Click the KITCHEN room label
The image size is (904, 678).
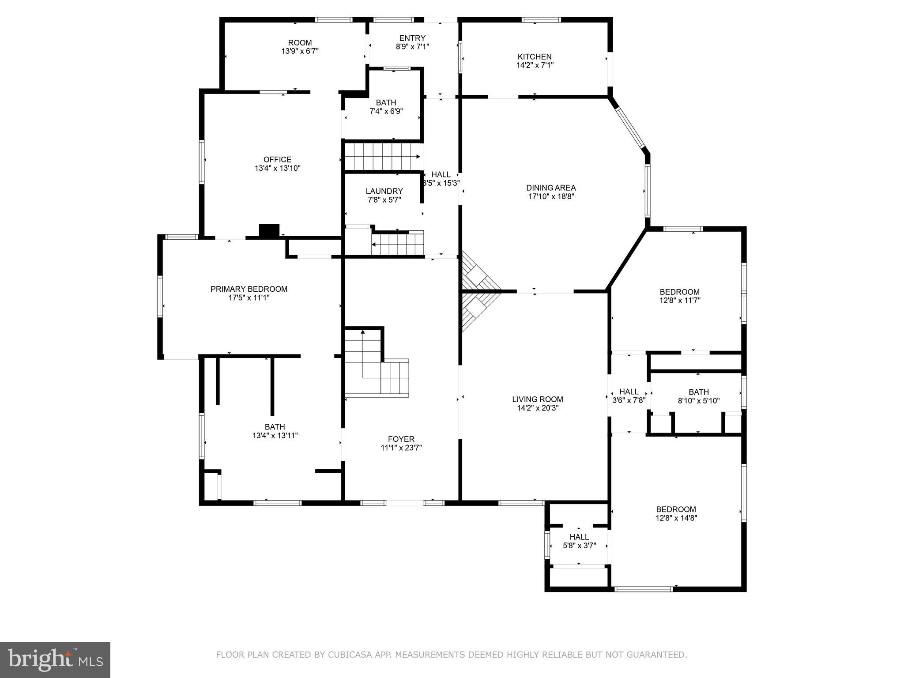tap(535, 56)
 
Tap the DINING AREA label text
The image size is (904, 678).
tap(551, 188)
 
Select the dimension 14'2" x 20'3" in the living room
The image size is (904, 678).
tap(538, 408)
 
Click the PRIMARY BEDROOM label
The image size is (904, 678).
tap(249, 289)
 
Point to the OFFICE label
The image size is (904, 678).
tap(277, 159)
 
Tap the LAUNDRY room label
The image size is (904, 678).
tap(384, 191)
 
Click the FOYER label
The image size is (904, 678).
tap(401, 439)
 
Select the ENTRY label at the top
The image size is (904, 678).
tap(412, 38)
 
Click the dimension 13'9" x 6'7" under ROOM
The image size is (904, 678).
tap(300, 51)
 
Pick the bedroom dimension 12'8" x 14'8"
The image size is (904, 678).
tap(676, 518)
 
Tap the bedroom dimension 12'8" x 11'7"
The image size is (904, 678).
tap(679, 301)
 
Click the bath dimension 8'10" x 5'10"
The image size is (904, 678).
tap(699, 401)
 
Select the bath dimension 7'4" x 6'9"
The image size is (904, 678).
tap(386, 111)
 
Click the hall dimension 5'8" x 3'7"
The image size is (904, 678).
tap(579, 546)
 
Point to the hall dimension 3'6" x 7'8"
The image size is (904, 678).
tap(629, 400)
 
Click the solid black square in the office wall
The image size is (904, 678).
tap(269, 231)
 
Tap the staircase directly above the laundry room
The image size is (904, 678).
tap(382, 157)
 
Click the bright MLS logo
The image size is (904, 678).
tap(55, 660)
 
